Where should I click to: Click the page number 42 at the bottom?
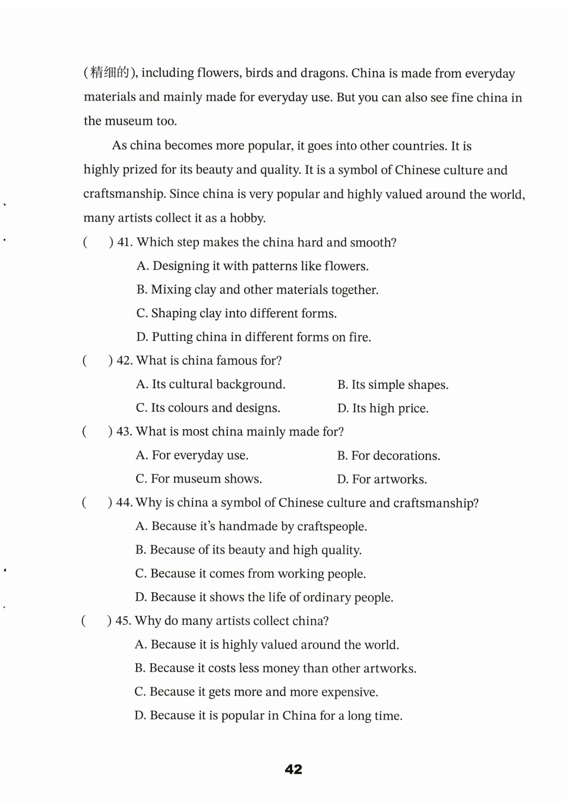coord(293,769)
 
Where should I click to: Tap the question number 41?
coord(125,242)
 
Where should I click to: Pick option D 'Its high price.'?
coord(383,408)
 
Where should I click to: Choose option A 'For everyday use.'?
coord(192,455)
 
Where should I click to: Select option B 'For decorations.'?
coord(388,456)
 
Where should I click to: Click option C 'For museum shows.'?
coord(199,479)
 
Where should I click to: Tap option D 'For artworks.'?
coord(382,479)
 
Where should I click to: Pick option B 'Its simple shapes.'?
coord(393,385)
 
